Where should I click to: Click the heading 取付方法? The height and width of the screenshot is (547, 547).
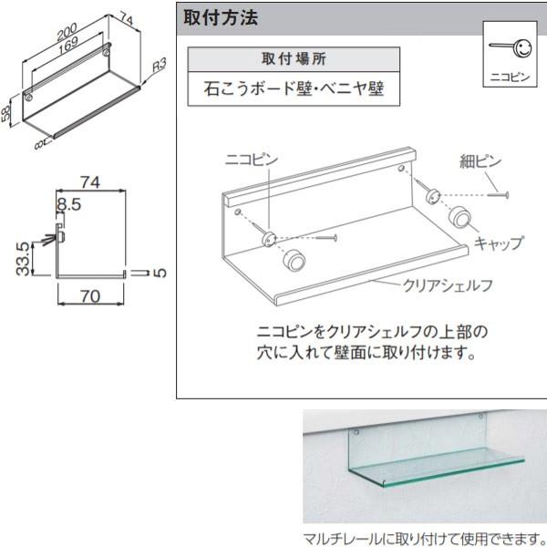click(x=222, y=17)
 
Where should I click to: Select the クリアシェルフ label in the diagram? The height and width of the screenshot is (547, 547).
click(x=448, y=284)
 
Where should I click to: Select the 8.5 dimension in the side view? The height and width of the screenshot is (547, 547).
click(x=69, y=205)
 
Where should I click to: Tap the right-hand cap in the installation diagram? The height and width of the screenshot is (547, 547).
click(x=460, y=219)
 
